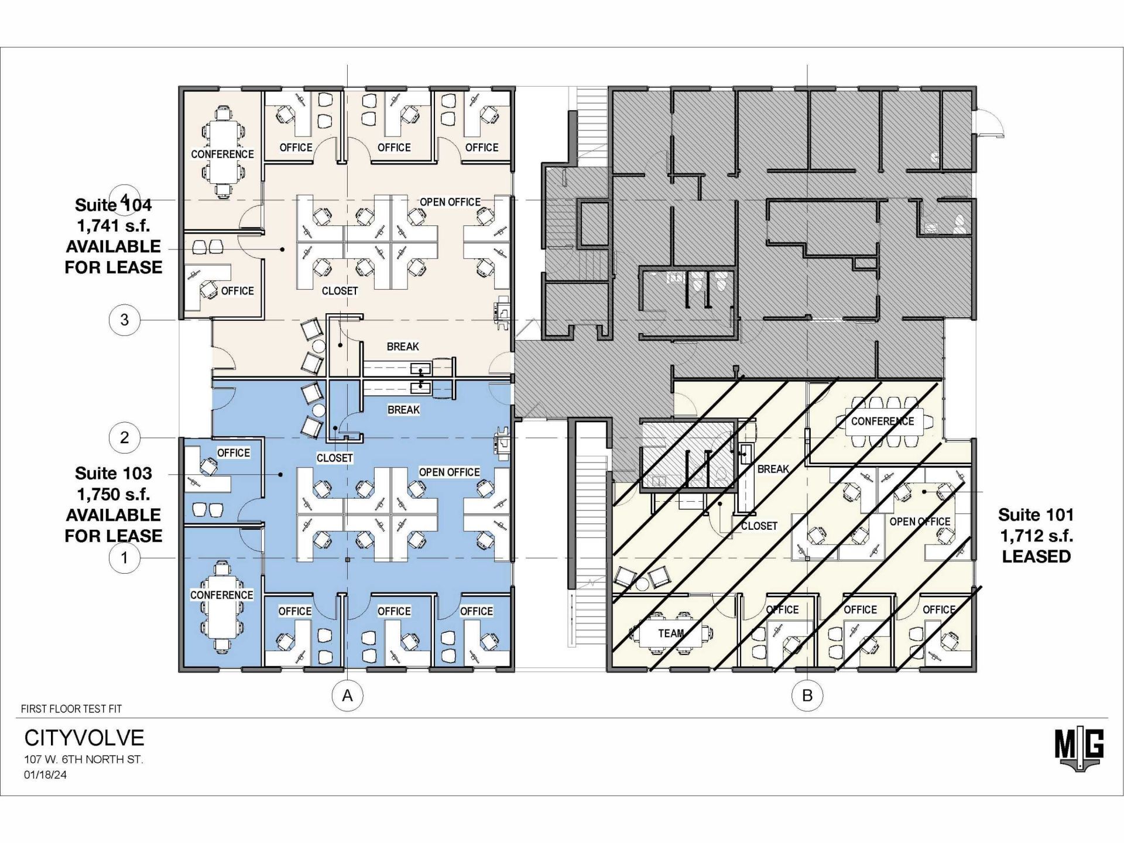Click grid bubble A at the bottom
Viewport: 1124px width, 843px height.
pyautogui.click(x=347, y=695)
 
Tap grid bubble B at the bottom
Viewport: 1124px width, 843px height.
pyautogui.click(x=807, y=695)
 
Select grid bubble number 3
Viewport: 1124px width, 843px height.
pyautogui.click(x=124, y=320)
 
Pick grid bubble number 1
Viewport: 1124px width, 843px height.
pyautogui.click(x=124, y=557)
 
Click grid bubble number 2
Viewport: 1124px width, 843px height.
pyautogui.click(x=124, y=437)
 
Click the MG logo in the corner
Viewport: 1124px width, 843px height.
pyautogui.click(x=1080, y=749)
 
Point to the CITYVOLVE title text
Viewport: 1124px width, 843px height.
pyautogui.click(x=84, y=738)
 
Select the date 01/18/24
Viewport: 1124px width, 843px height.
pyautogui.click(x=45, y=775)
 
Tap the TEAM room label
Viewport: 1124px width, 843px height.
pyautogui.click(x=671, y=633)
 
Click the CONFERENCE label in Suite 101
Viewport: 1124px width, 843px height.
pyautogui.click(x=882, y=421)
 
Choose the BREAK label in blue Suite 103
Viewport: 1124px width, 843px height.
pyautogui.click(x=403, y=410)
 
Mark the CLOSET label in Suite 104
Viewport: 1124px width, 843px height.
pyautogui.click(x=340, y=291)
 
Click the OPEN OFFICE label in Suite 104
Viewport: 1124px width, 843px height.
pyautogui.click(x=450, y=202)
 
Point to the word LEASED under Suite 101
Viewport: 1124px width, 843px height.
pyautogui.click(x=1036, y=557)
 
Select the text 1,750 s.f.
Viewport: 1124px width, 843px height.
pyautogui.click(x=114, y=494)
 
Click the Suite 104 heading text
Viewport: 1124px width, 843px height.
pyautogui.click(x=114, y=205)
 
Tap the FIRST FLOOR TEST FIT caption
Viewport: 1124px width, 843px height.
pyautogui.click(x=71, y=709)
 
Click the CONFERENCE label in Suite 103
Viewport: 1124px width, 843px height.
pyautogui.click(x=221, y=595)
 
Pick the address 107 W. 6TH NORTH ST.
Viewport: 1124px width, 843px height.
pyautogui.click(x=84, y=759)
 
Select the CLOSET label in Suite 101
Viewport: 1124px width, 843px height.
pyautogui.click(x=759, y=526)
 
